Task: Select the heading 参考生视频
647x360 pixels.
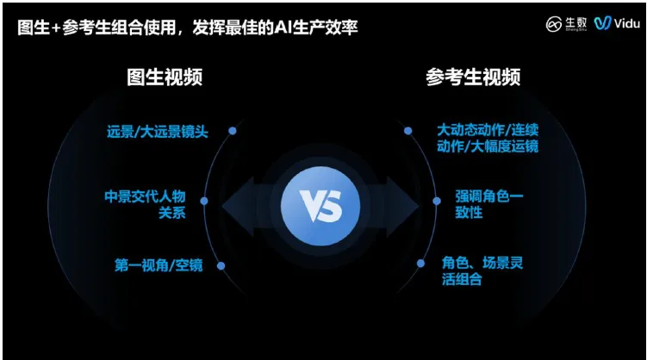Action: (473, 78)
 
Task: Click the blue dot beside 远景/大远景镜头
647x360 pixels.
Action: (232, 131)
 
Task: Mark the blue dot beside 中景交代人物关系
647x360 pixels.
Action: (204, 201)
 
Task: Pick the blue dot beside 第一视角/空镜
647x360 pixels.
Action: (221, 265)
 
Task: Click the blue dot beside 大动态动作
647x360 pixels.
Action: (408, 131)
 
